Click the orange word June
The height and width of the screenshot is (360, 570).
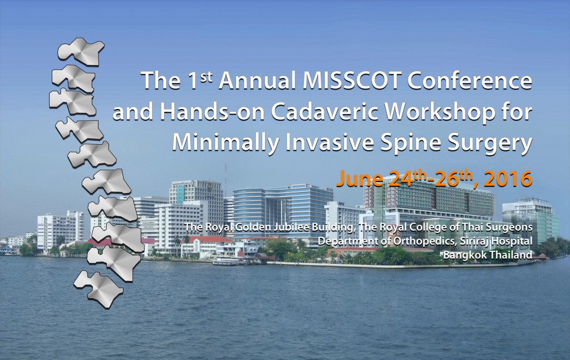[x=360, y=179]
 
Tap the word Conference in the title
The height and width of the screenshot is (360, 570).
[x=470, y=81]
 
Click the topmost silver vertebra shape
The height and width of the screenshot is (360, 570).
[x=81, y=51]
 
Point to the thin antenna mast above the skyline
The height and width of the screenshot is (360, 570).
[x=225, y=180]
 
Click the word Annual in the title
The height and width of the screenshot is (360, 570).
[x=258, y=81]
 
